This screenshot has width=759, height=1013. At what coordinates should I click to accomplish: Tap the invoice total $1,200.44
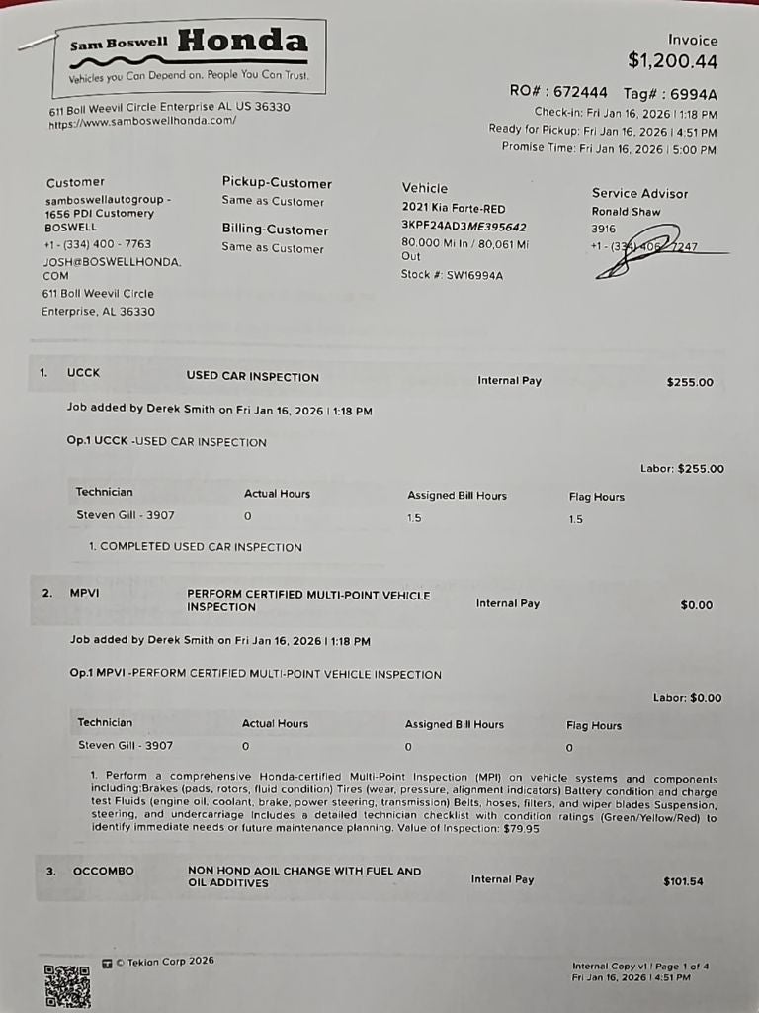coord(672,61)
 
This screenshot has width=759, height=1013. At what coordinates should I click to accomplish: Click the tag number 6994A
coord(694,94)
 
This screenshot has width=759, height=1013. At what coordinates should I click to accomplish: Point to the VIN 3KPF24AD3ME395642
coord(464,226)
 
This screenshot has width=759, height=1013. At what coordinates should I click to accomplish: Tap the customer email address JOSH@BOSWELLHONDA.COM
coord(111,269)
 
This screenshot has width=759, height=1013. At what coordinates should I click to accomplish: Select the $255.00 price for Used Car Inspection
coord(690,382)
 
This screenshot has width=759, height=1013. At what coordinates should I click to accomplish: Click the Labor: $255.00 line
coord(682,469)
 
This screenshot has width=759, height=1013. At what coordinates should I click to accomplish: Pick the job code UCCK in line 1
coord(83,373)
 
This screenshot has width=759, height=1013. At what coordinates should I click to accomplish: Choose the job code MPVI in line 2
coord(85,594)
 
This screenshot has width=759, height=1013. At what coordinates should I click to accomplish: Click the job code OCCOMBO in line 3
coord(103,872)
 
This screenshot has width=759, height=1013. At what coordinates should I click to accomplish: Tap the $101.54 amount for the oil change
coord(683,880)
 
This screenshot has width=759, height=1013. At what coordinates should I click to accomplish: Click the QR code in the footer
coord(67,985)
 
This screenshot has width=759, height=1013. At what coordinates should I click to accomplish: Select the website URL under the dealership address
coord(142,122)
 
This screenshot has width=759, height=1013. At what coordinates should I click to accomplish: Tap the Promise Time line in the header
coord(609,149)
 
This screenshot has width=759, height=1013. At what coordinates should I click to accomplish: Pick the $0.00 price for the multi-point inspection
coord(696,605)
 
